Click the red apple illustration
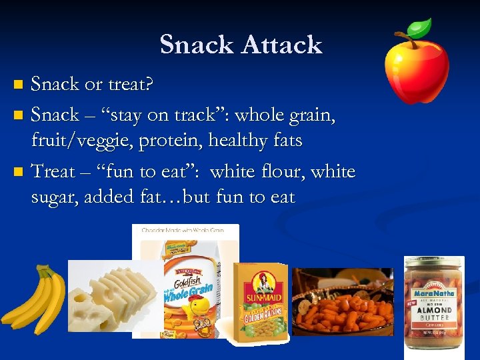(x=417, y=67)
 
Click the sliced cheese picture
(x=113, y=297)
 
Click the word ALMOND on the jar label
(x=434, y=311)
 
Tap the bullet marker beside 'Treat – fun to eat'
(x=18, y=172)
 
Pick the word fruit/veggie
(x=83, y=141)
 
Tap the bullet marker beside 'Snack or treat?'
(x=18, y=85)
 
